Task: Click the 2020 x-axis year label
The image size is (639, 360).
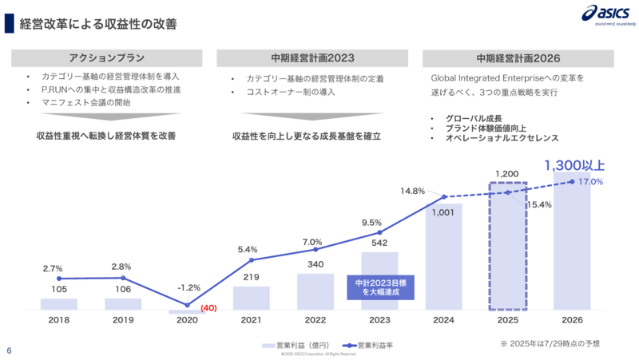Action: pyautogui.click(x=187, y=320)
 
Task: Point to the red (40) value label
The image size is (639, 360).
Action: pyautogui.click(x=209, y=308)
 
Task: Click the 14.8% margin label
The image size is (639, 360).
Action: pyautogui.click(x=413, y=191)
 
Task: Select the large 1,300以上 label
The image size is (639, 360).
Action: pyautogui.click(x=574, y=166)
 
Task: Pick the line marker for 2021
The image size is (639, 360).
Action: pyautogui.click(x=252, y=260)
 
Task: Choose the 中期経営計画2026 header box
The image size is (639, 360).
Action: pyautogui.click(x=518, y=58)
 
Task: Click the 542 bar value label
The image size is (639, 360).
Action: pyautogui.click(x=379, y=243)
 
